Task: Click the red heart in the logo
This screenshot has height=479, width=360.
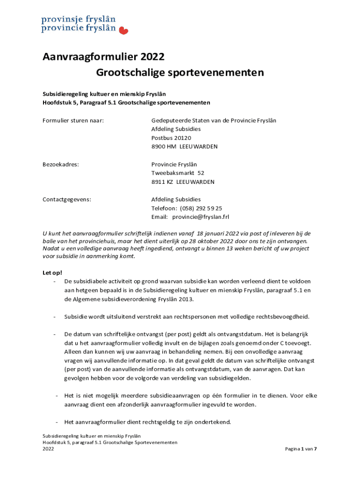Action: coord(124,31)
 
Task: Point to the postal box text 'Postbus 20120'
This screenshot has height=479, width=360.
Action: coord(171,138)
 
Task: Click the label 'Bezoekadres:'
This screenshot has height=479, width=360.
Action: coord(61,164)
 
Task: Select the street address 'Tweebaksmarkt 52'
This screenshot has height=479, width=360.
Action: coord(178,173)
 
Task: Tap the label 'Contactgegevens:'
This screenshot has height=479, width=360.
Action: coord(67,199)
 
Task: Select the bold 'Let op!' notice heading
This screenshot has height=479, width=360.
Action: coord(52,273)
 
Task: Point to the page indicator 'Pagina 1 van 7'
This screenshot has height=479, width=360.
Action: coord(301,449)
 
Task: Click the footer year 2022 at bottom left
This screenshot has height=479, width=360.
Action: coord(48,449)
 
